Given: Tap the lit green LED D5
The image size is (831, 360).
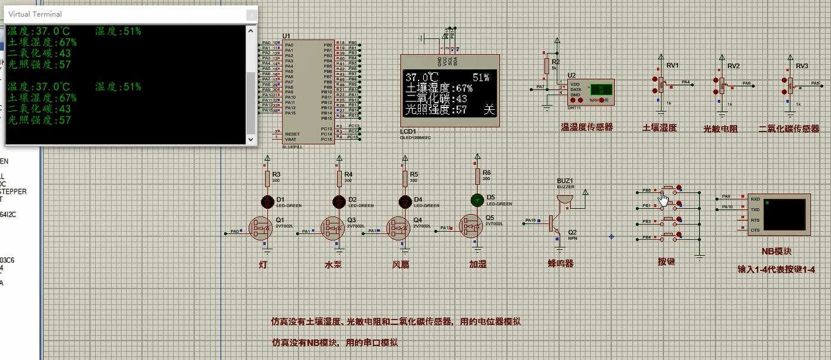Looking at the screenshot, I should [x=476, y=199].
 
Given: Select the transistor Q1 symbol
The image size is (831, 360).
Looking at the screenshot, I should [x=261, y=228].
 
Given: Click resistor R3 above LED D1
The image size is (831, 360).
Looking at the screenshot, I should [x=267, y=177].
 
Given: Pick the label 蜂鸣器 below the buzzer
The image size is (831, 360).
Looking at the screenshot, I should [x=560, y=263].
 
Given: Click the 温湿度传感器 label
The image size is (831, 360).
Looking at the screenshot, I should [x=586, y=127].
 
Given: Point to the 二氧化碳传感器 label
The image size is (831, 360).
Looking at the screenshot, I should [x=789, y=128].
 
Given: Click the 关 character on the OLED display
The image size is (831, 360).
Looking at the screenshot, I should [x=490, y=109].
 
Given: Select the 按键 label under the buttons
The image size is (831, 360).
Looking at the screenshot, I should [x=666, y=261].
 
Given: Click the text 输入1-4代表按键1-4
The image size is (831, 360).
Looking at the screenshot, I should [x=776, y=270].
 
